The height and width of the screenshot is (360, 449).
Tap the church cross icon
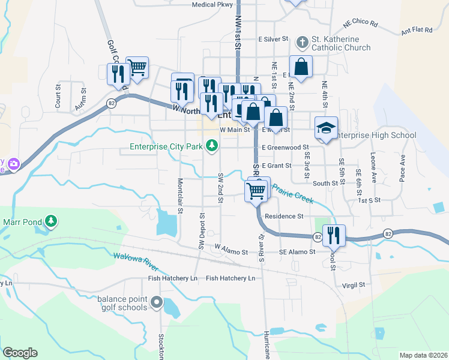(302, 43)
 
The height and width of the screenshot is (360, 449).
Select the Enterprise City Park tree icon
(212, 145)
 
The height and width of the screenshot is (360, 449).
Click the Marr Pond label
(22, 221)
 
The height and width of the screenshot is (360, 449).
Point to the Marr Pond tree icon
(51, 221)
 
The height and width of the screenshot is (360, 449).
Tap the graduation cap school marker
(326, 128)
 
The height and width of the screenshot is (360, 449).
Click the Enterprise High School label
(374, 136)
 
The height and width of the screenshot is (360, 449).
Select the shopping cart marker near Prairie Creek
(256, 190)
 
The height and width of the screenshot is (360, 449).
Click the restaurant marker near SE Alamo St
(334, 235)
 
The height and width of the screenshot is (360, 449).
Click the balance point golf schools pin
(157, 302)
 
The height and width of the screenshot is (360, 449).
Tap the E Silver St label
(274, 38)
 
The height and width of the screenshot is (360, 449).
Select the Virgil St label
(354, 286)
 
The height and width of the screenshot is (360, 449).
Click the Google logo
(20, 353)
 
